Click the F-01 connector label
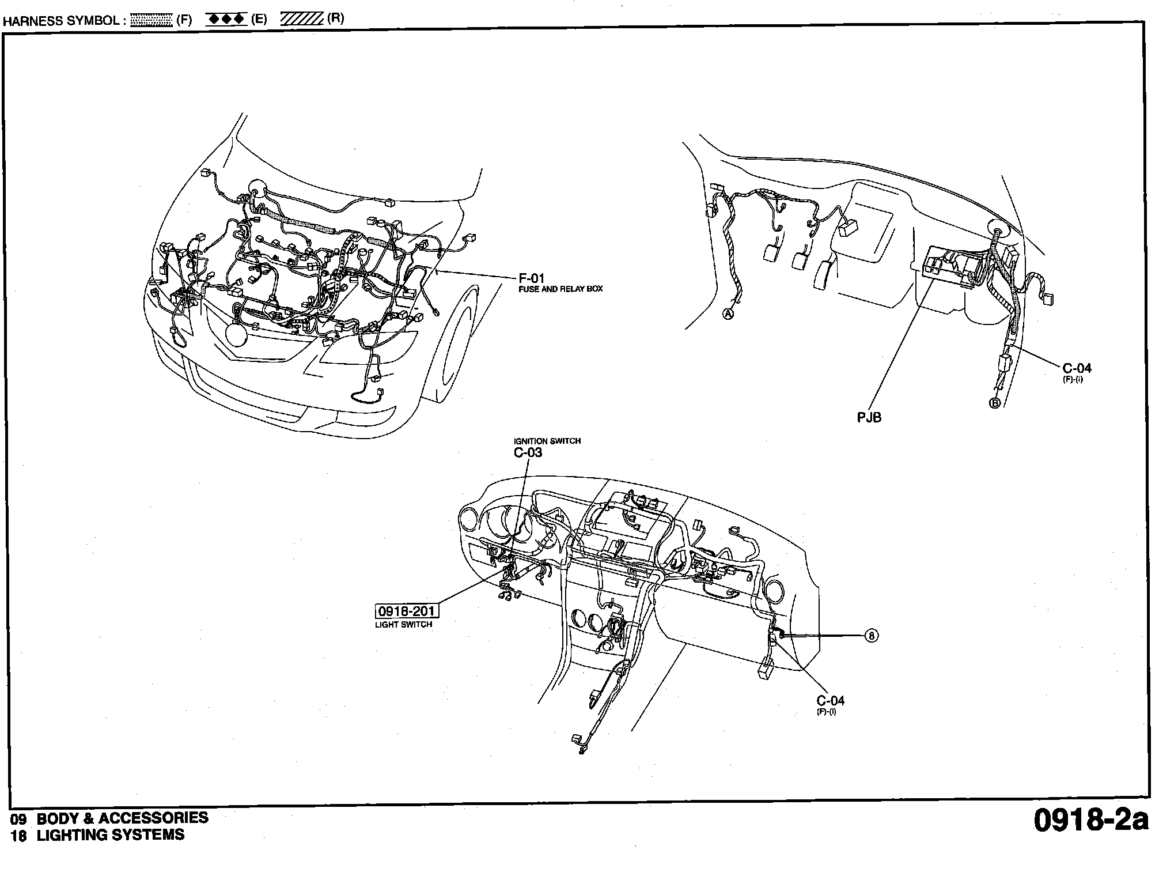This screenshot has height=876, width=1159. tap(532, 279)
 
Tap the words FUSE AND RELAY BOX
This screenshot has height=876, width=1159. tap(560, 289)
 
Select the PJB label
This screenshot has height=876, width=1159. tap(869, 417)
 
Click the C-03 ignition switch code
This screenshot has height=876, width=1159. tap(528, 452)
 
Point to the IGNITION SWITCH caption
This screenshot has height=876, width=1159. tap(547, 441)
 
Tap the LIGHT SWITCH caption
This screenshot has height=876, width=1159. tap(403, 624)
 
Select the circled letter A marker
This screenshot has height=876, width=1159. tap(728, 314)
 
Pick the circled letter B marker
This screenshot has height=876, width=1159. tap(994, 403)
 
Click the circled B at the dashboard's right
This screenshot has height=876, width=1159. tap(872, 636)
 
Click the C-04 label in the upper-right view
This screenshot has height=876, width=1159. tap(1077, 369)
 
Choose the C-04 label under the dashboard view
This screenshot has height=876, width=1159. tap(831, 701)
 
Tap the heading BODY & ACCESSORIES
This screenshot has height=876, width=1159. tap(122, 818)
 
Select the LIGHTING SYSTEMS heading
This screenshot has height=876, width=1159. tap(111, 835)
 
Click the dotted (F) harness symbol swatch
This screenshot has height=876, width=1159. tap(151, 20)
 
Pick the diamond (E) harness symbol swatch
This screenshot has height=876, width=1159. tap(226, 19)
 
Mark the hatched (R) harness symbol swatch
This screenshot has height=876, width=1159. tap(302, 19)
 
